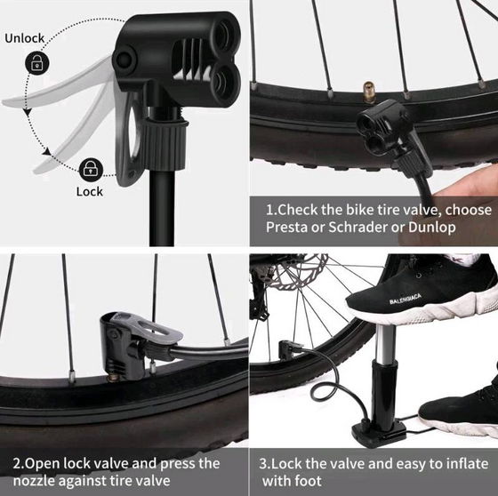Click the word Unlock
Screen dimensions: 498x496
(x=25, y=38)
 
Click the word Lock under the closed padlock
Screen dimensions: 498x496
(x=90, y=191)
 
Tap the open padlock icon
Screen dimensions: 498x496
(x=37, y=62)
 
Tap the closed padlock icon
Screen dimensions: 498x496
(x=91, y=170)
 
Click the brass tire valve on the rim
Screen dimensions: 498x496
(x=369, y=92)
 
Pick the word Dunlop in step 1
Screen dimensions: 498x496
(x=432, y=228)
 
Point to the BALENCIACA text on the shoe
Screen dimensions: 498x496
(x=406, y=299)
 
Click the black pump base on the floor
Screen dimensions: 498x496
(x=379, y=432)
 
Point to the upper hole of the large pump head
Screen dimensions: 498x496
(x=224, y=34)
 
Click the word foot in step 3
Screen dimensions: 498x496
(x=308, y=480)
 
